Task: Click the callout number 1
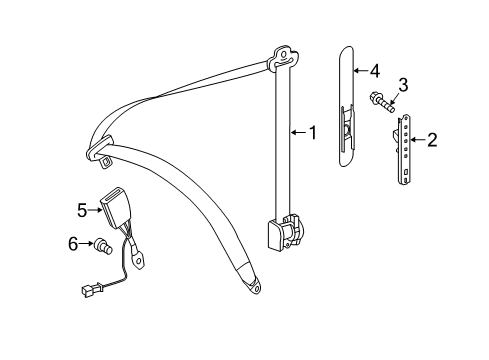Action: [x=313, y=133]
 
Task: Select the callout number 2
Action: [x=432, y=140]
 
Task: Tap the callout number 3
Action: [x=403, y=85]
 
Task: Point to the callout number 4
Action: [x=375, y=71]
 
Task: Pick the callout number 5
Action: [x=82, y=210]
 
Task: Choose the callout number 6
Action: [x=73, y=244]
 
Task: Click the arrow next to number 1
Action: [x=299, y=133]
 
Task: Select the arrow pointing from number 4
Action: [x=360, y=71]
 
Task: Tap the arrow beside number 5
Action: [x=95, y=210]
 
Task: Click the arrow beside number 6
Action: [x=86, y=243]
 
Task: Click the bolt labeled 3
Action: [x=382, y=103]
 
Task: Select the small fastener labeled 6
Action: [x=104, y=247]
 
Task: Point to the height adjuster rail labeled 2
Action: [x=402, y=149]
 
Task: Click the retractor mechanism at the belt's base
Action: [x=286, y=233]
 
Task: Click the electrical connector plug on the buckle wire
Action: [x=91, y=289]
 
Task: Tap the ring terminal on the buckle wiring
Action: [x=139, y=260]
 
